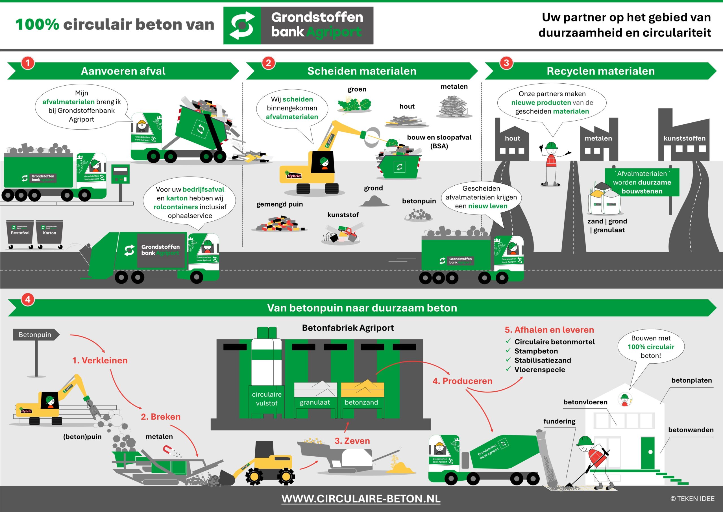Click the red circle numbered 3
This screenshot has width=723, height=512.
coord(506,63)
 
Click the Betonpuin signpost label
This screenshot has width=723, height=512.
coord(35,335)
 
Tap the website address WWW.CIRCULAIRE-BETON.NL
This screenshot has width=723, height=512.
coord(361,498)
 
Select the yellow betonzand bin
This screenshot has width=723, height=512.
coord(362,390)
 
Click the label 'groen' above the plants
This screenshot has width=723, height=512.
coord(357,89)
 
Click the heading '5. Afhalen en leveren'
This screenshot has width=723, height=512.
coord(549,330)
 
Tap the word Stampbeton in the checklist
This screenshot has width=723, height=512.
coord(536,351)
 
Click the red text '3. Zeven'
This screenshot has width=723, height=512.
coord(352,441)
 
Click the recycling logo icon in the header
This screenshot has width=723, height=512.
coord(242,25)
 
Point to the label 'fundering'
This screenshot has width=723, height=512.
coord(559,421)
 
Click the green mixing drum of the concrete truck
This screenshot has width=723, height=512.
coord(498,452)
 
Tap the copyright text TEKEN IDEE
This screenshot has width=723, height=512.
coord(692,498)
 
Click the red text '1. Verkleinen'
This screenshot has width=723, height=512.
coord(100,360)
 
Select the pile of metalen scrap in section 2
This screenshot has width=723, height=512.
coord(454,107)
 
